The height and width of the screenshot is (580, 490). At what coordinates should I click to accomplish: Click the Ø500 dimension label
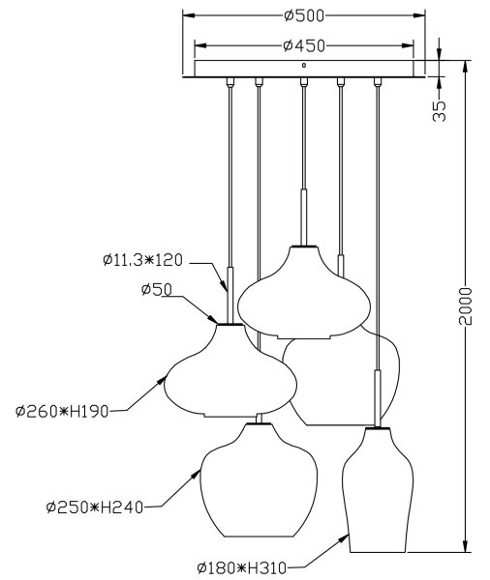[304, 15]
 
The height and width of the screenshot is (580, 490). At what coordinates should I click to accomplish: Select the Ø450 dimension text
[304, 45]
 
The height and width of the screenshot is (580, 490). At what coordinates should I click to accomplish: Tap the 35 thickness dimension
[440, 111]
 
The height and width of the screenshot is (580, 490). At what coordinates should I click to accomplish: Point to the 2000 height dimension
[466, 305]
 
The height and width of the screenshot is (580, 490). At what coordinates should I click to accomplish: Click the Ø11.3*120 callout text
[143, 260]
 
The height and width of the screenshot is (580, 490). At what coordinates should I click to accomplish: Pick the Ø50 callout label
[157, 290]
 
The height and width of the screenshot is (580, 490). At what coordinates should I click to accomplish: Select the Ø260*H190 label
[62, 412]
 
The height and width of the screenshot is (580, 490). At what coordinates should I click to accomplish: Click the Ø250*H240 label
[95, 507]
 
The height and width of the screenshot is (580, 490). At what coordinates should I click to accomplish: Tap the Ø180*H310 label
[242, 567]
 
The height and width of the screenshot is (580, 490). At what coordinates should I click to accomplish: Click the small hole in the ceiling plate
[304, 66]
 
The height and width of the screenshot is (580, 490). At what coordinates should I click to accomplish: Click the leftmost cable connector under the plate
[230, 82]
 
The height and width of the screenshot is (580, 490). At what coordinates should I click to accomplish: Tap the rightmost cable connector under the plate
[378, 82]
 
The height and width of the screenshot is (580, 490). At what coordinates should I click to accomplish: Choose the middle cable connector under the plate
[304, 82]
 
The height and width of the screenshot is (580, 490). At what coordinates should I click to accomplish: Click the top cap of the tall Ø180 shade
[378, 428]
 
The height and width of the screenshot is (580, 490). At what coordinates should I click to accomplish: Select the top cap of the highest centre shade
[304, 246]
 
